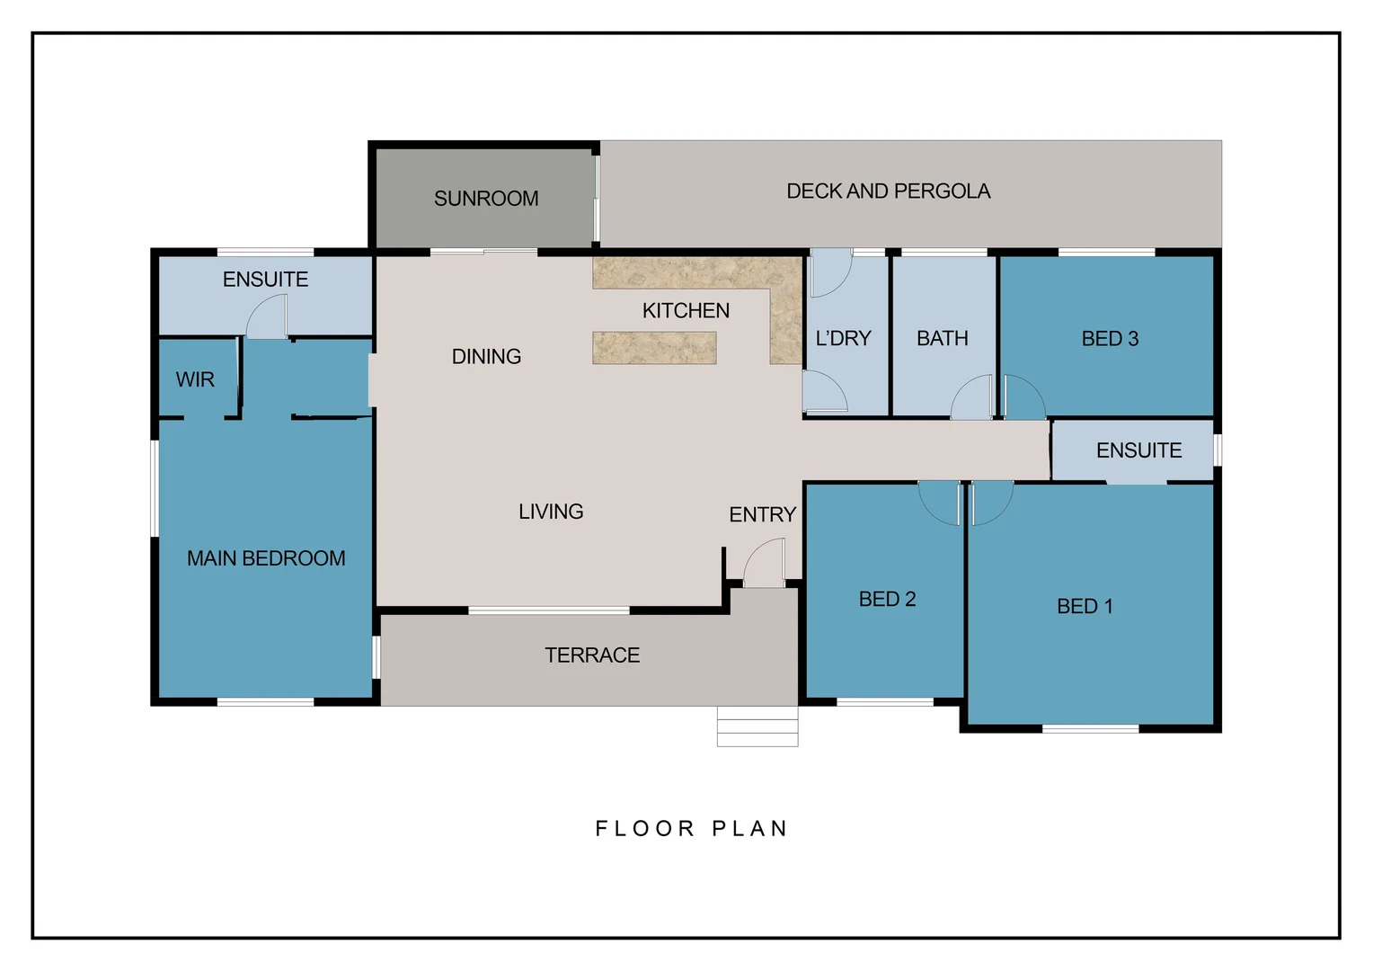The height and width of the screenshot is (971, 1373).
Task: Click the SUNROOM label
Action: coord(486,199)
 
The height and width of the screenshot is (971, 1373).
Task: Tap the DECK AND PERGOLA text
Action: coord(888,192)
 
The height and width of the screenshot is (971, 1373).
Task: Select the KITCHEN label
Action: coord(686,311)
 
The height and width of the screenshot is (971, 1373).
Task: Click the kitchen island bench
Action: coord(654,348)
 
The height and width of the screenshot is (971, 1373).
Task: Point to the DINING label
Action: coord(486,357)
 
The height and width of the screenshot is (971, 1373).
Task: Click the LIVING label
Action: coord(551,512)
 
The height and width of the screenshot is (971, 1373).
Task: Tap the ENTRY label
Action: coord(762,515)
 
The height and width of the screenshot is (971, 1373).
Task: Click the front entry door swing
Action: coord(765,565)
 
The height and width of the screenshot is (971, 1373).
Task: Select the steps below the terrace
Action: coord(757,726)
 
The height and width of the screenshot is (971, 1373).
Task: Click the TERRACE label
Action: coord(592,655)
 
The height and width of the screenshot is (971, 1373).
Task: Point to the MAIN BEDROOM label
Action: coord(266,558)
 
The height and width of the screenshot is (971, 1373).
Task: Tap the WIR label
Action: coord(195,379)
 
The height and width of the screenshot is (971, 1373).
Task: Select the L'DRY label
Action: coord(843,339)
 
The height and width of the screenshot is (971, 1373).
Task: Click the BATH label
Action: coord(942,339)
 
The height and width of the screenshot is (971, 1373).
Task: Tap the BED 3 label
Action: coord(1110,339)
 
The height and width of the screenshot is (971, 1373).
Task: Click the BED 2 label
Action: coord(887,600)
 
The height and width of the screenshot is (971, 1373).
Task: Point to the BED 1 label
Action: coord(1085,607)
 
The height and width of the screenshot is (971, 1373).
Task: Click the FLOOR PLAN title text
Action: coord(691,829)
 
